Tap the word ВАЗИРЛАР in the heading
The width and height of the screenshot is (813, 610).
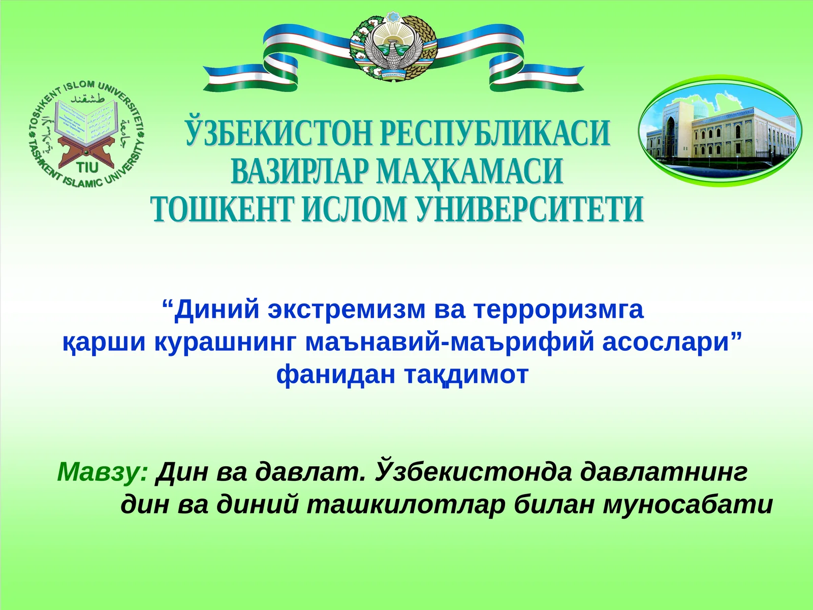[x=299, y=171]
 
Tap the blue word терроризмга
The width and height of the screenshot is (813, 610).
[x=558, y=309]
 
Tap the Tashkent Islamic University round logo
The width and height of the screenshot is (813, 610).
[x=87, y=134]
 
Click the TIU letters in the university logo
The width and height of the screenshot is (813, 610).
[x=87, y=167]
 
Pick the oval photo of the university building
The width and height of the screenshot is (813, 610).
[x=720, y=131]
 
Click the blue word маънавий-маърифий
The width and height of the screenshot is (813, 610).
[x=450, y=342]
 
